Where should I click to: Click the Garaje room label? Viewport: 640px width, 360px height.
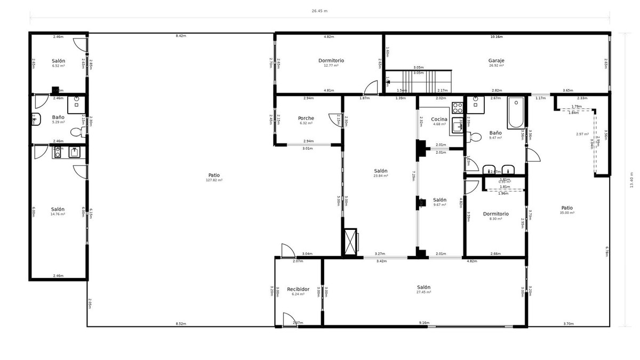pyautogui.click(x=496, y=60)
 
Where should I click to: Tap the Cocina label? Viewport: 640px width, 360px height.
pyautogui.click(x=439, y=118)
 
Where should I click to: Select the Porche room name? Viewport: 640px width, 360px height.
pyautogui.click(x=306, y=118)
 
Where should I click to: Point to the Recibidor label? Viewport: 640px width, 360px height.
pyautogui.click(x=298, y=289)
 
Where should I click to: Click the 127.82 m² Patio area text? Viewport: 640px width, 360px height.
pyautogui.click(x=214, y=180)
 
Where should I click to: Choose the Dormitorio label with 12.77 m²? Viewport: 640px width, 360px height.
pyautogui.click(x=331, y=60)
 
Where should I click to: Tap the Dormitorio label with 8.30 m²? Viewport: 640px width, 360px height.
pyautogui.click(x=495, y=214)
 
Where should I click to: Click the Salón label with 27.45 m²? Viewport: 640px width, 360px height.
pyautogui.click(x=423, y=287)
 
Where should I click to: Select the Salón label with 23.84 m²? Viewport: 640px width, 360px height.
pyautogui.click(x=380, y=171)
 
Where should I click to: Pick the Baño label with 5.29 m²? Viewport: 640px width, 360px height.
pyautogui.click(x=58, y=117)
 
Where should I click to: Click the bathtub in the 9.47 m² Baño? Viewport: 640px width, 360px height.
pyautogui.click(x=516, y=113)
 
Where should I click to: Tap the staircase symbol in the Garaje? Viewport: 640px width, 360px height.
pyautogui.click(x=419, y=80)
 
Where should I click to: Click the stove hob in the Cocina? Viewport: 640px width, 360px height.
pyautogui.click(x=458, y=107)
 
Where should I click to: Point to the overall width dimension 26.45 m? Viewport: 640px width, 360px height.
pyautogui.click(x=319, y=10)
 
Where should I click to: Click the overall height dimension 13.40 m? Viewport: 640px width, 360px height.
pyautogui.click(x=631, y=180)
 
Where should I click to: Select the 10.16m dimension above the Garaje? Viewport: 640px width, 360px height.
pyautogui.click(x=496, y=37)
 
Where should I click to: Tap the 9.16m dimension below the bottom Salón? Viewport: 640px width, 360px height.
pyautogui.click(x=424, y=323)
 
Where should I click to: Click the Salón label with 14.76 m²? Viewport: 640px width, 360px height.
pyautogui.click(x=58, y=209)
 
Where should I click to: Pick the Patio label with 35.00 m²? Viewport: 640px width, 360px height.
pyautogui.click(x=567, y=208)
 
